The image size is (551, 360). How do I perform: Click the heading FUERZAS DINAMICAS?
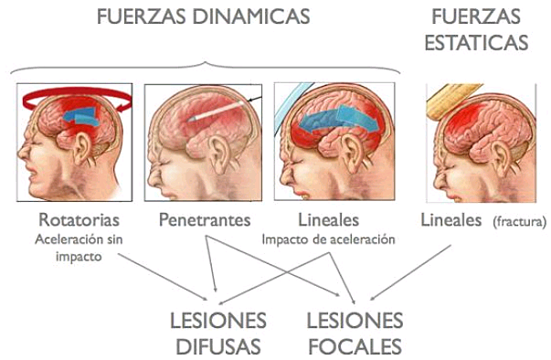click(x=202, y=16)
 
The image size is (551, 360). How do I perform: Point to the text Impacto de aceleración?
click(x=328, y=239)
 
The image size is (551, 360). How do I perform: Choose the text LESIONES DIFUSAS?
click(x=218, y=334)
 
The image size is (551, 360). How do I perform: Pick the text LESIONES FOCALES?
click(x=355, y=334)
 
